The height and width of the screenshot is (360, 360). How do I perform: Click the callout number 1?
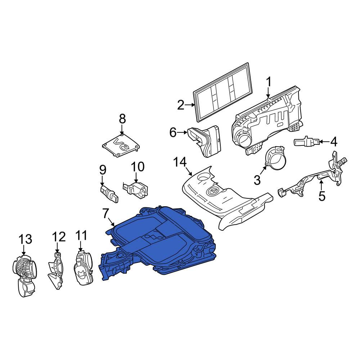269,82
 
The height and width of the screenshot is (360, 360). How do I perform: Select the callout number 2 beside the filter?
181,105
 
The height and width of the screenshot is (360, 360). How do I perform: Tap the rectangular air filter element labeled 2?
222,92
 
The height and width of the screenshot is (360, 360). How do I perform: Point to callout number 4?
334,141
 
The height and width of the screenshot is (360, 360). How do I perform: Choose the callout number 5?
322,196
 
